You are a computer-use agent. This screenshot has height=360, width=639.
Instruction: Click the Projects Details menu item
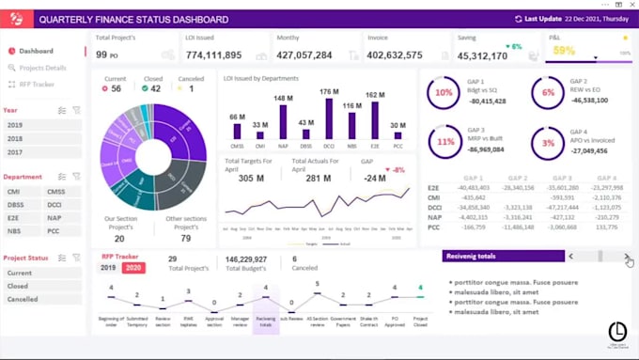pyautogui.click(x=42, y=68)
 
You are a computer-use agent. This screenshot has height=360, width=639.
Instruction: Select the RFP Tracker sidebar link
pyautogui.click(x=38, y=84)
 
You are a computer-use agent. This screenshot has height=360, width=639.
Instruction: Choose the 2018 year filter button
pyautogui.click(x=16, y=138)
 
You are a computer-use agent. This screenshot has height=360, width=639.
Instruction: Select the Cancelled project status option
pyautogui.click(x=20, y=299)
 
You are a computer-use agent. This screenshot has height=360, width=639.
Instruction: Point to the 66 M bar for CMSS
pyautogui.click(x=238, y=133)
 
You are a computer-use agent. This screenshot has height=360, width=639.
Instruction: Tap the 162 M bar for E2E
pyautogui.click(x=375, y=122)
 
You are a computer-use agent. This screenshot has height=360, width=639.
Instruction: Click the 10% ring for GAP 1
pyautogui.click(x=443, y=93)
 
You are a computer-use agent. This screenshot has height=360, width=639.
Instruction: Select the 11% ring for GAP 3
pyautogui.click(x=443, y=143)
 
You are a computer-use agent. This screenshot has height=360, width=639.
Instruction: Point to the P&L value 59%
pyautogui.click(x=564, y=51)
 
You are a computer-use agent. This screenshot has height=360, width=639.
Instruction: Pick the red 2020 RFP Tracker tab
pyautogui.click(x=133, y=267)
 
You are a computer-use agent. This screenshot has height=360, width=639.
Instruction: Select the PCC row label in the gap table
pyautogui.click(x=433, y=227)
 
